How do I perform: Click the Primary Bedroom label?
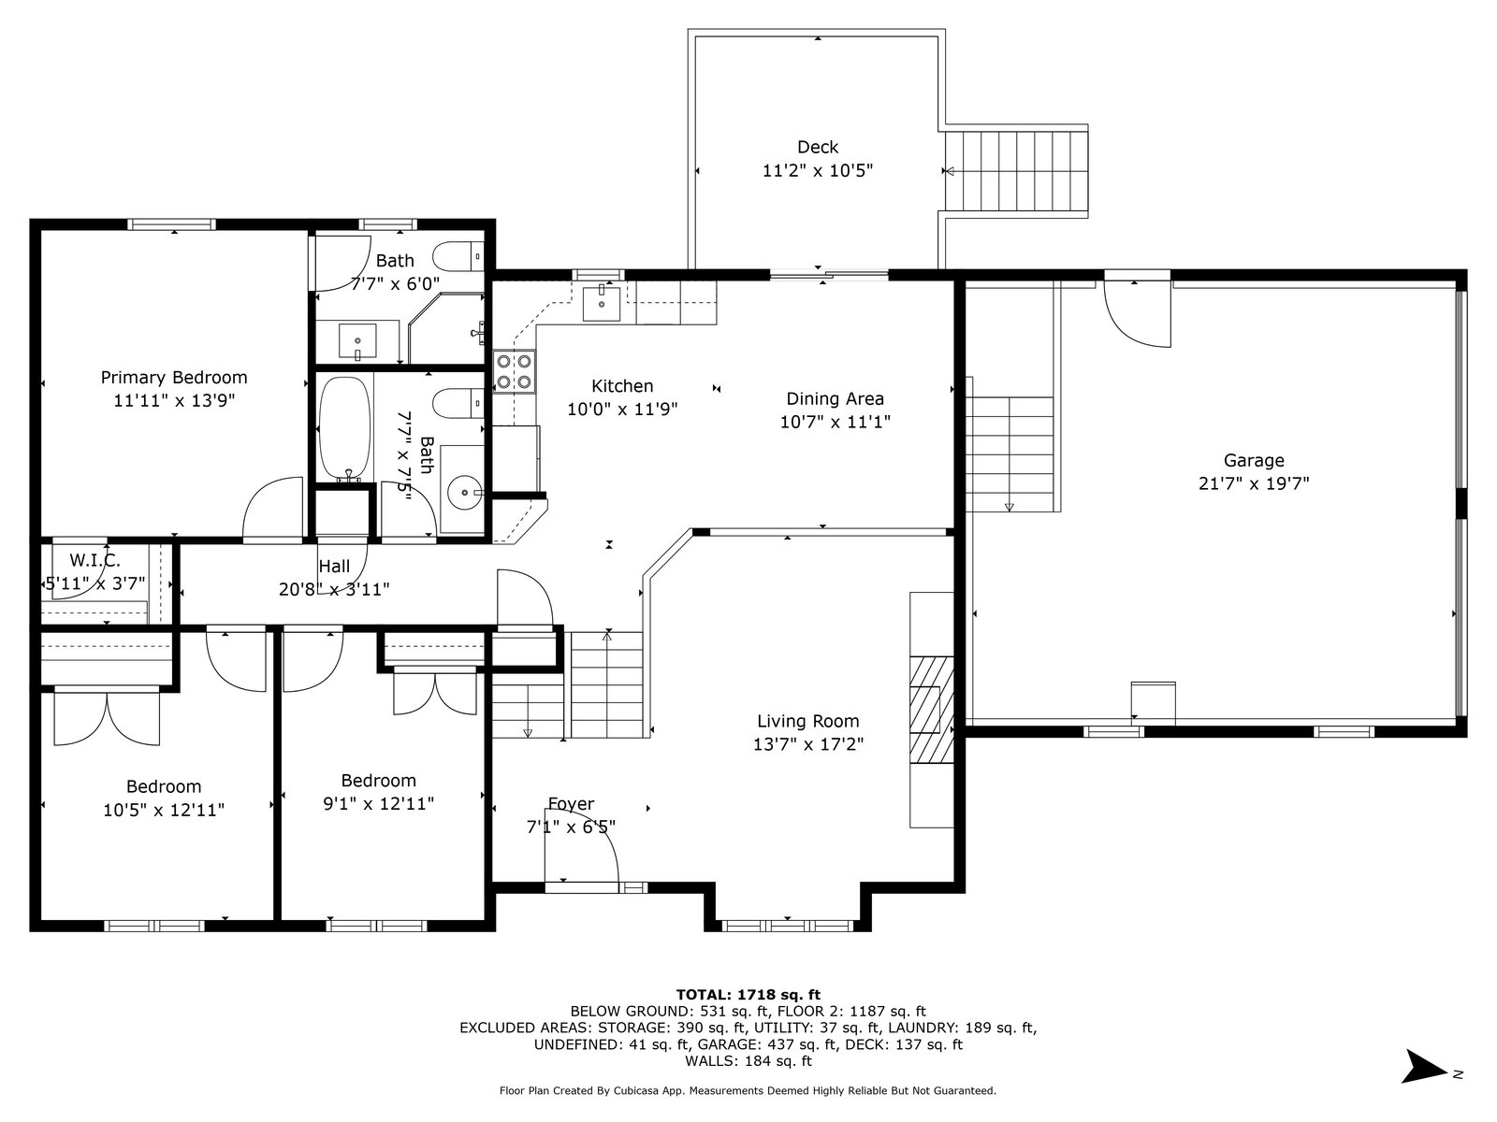tap(174, 378)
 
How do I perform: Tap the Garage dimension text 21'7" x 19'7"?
tap(1254, 483)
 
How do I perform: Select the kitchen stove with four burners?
tap(515, 371)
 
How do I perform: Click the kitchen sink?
tap(601, 303)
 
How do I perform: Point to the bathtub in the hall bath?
tap(345, 428)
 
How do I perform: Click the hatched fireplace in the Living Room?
tap(932, 709)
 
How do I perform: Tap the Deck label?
tap(818, 147)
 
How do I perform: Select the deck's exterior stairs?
tap(1016, 171)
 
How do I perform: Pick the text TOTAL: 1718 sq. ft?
tap(748, 995)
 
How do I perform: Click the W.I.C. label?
tap(94, 561)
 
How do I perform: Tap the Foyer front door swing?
tap(582, 855)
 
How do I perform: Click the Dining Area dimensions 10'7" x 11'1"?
tap(835, 422)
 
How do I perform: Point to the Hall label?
tap(334, 566)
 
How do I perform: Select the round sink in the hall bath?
tap(464, 491)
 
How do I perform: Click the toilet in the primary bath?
tap(458, 257)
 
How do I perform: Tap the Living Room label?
tap(808, 721)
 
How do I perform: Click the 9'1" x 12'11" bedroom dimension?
tap(378, 804)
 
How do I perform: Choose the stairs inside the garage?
tap(1010, 453)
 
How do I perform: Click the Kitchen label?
tap(622, 386)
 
